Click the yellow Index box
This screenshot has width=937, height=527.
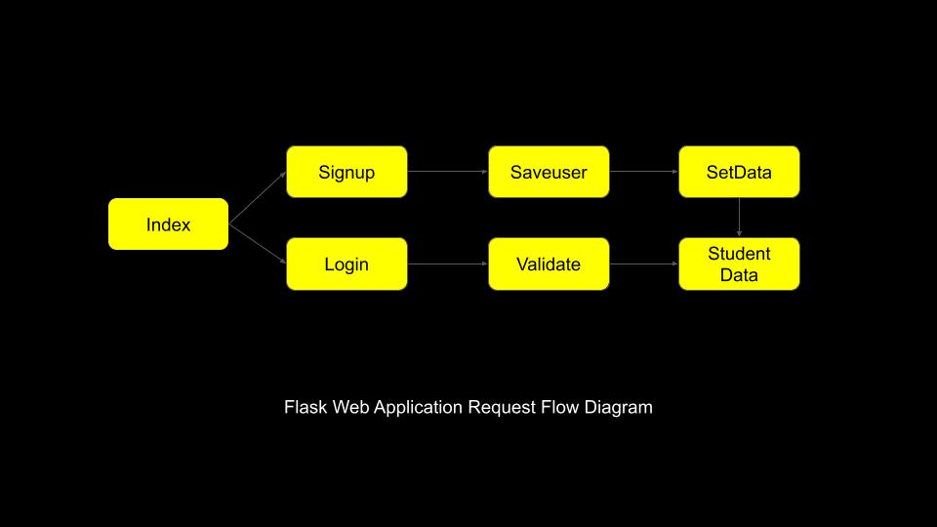(x=168, y=224)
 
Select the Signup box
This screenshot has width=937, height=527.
(x=346, y=172)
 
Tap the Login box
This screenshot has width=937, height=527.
(x=346, y=263)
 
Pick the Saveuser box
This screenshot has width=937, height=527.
(x=549, y=172)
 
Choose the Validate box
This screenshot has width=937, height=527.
(x=549, y=263)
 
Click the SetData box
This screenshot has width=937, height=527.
(x=739, y=172)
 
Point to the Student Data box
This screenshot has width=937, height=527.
(x=739, y=263)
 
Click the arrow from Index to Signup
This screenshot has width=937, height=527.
(x=258, y=198)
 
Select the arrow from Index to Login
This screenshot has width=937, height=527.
(x=258, y=244)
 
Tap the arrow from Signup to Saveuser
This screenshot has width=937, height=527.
(x=447, y=172)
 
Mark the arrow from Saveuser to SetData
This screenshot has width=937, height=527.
(x=643, y=172)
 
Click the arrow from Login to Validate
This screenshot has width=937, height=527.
(x=447, y=263)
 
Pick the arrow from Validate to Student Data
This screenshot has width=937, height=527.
(x=643, y=263)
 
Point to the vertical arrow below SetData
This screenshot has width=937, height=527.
(x=739, y=218)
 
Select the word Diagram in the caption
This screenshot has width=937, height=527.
(x=619, y=407)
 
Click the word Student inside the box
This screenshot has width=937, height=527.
(x=739, y=254)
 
